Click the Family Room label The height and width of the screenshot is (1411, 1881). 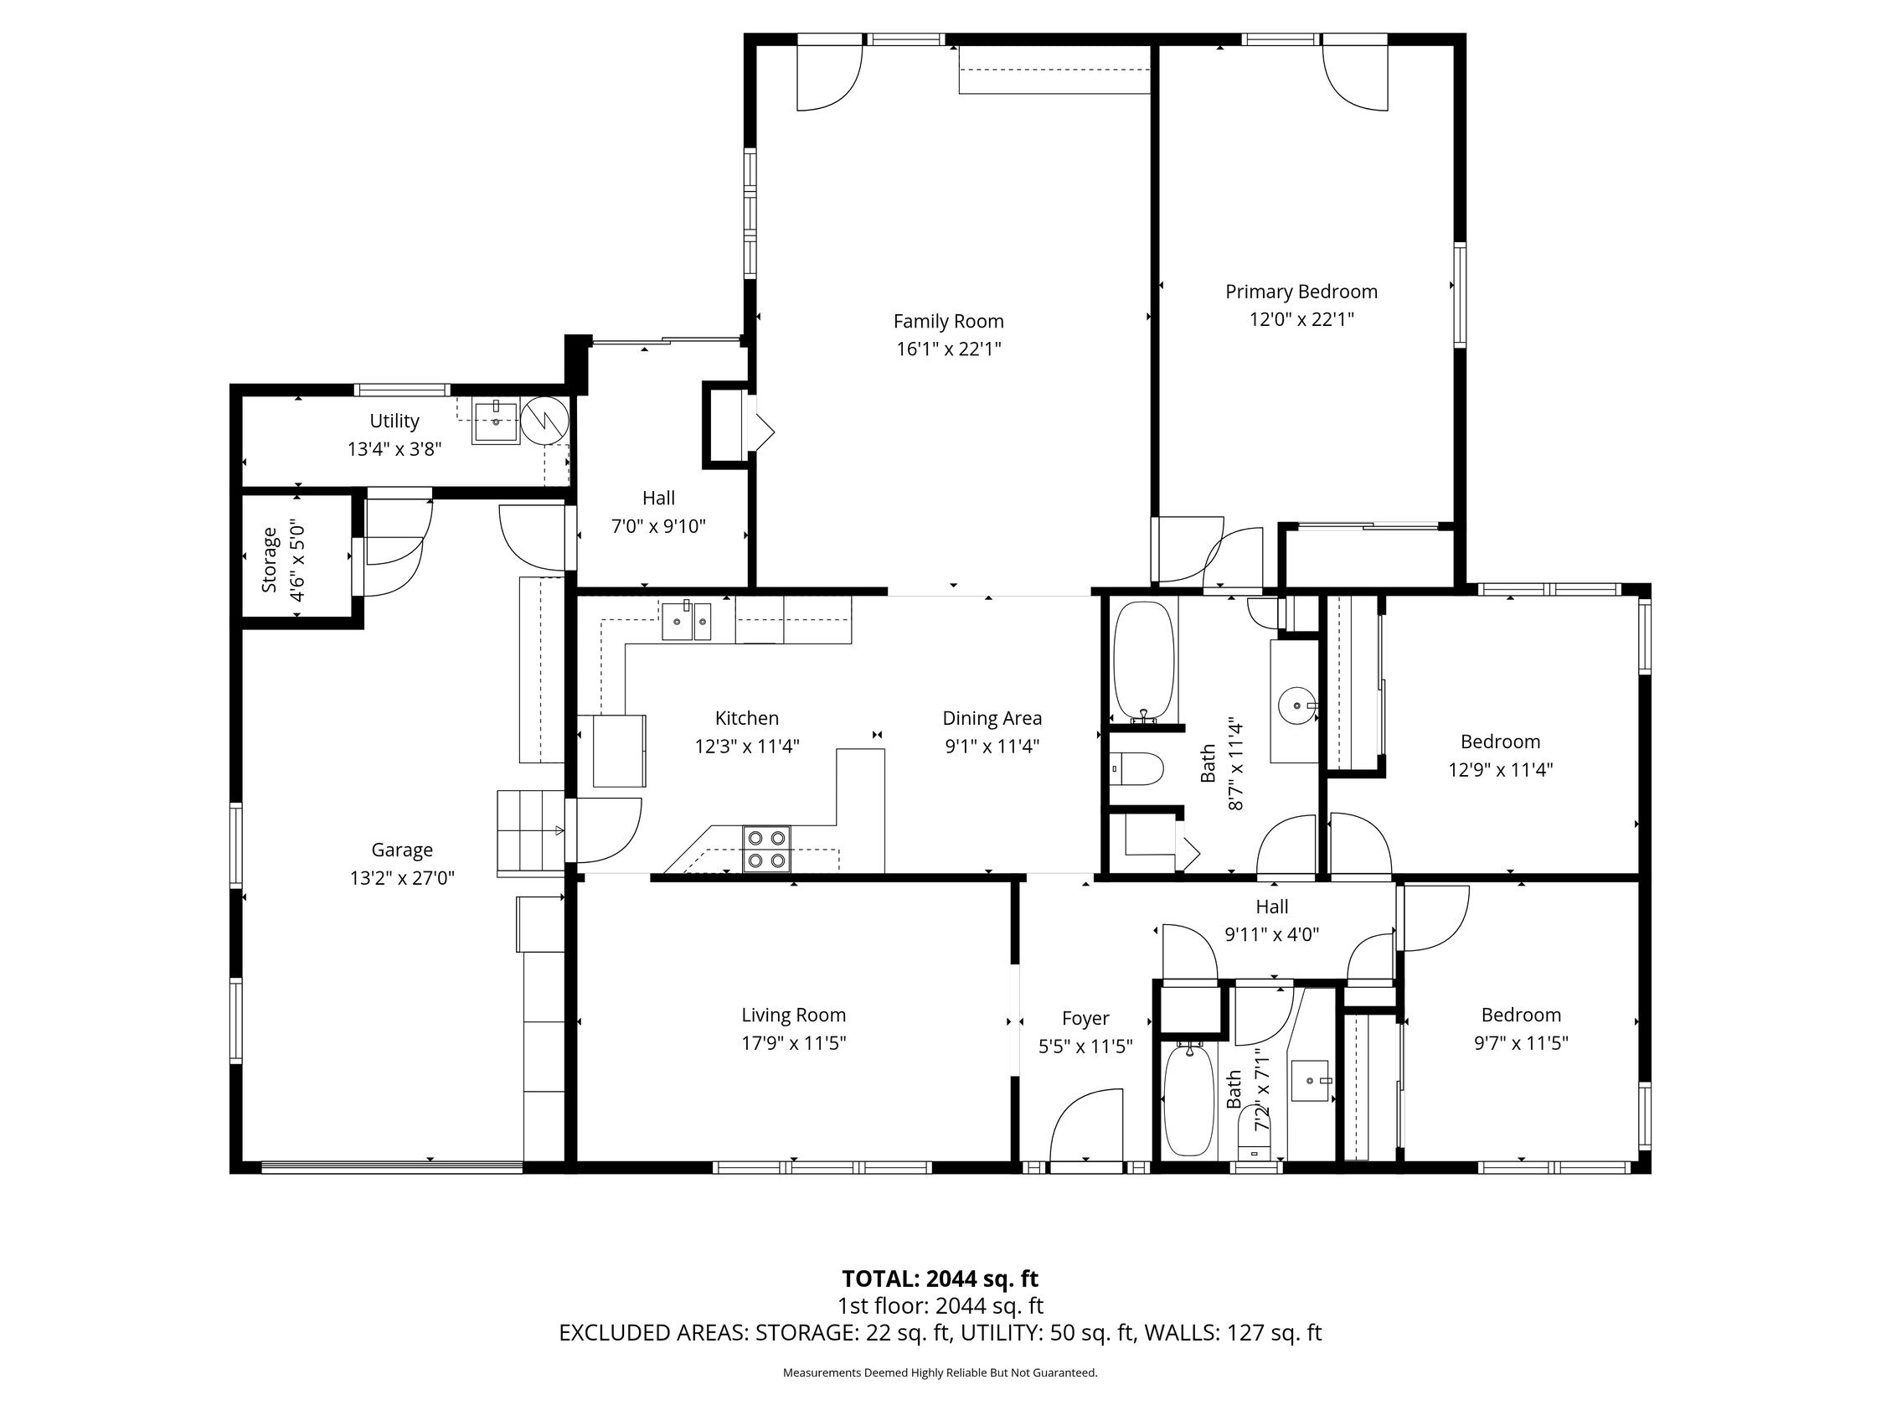pos(948,322)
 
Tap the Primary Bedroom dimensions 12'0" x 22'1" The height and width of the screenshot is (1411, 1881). pos(1301,320)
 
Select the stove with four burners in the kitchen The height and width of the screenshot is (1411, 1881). pos(766,849)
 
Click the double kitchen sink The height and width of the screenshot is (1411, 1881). pos(686,621)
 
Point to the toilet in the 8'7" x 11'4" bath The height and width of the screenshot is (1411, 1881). pos(1137,770)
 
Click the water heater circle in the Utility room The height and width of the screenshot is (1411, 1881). pos(544,419)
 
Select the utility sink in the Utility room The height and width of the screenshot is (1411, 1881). pos(496,420)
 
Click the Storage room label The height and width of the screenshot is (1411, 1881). pos(270,560)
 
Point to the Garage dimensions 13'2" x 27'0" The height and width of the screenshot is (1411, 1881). pos(402,878)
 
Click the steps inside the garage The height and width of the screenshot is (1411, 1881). pos(531,831)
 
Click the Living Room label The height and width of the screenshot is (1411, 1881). pos(793,1015)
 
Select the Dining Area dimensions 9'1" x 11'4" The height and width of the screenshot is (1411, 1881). pos(992,747)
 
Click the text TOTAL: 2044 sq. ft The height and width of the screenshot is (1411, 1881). pos(940,1279)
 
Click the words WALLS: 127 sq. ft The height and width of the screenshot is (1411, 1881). pos(1233,1333)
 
